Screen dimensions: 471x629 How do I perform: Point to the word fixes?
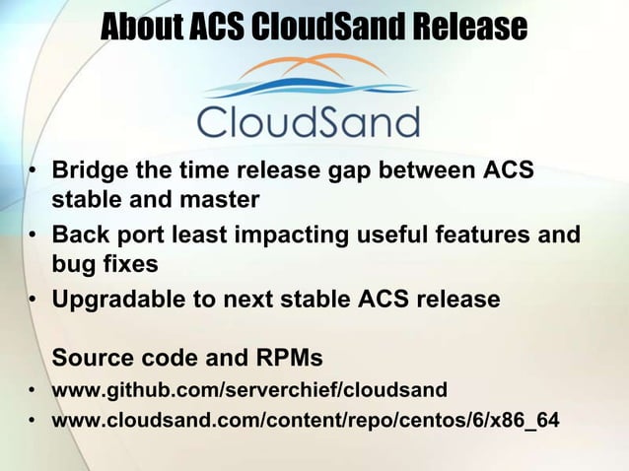point(131,265)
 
